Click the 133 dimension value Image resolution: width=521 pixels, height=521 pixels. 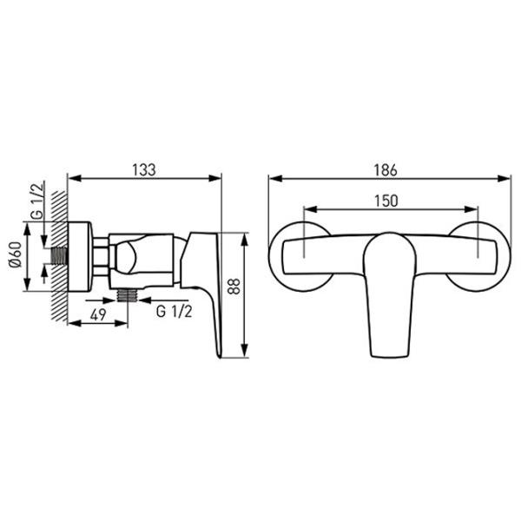pyautogui.click(x=144, y=170)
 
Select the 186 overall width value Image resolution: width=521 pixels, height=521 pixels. pyautogui.click(x=386, y=170)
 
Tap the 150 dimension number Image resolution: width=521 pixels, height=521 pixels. pyautogui.click(x=386, y=201)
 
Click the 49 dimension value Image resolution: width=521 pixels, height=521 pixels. pyautogui.click(x=98, y=314)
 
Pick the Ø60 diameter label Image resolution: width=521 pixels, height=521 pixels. pyautogui.click(x=16, y=254)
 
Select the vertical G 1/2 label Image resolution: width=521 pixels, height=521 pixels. pyautogui.click(x=37, y=201)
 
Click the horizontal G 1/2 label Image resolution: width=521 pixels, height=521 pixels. pyautogui.click(x=175, y=312)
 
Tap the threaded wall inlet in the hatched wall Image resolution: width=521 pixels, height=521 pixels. pyautogui.click(x=59, y=256)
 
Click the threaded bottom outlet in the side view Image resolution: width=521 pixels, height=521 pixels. pyautogui.click(x=128, y=295)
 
